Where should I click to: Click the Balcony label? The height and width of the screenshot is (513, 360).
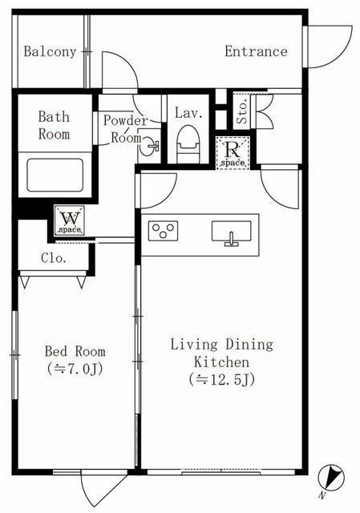[50, 51]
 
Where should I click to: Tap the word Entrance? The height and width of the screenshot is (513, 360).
[256, 51]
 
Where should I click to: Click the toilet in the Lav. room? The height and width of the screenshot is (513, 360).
[188, 144]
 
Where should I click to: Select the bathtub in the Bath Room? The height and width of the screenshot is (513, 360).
[55, 175]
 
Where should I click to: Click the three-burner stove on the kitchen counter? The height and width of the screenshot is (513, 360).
[163, 231]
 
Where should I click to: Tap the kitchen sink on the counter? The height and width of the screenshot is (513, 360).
[232, 232]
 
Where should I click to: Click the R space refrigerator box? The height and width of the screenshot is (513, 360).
[233, 153]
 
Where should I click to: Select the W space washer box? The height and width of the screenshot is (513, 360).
[70, 220]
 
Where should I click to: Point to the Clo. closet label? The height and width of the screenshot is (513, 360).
[54, 258]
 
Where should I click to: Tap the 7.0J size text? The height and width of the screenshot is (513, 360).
[75, 369]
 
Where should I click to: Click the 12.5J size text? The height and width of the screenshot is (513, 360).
[222, 379]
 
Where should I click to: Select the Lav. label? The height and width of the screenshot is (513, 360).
[188, 113]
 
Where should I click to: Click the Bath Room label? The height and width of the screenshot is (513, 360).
[54, 125]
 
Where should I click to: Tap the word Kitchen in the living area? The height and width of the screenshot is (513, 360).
[221, 362]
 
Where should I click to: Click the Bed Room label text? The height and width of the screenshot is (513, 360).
[75, 351]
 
